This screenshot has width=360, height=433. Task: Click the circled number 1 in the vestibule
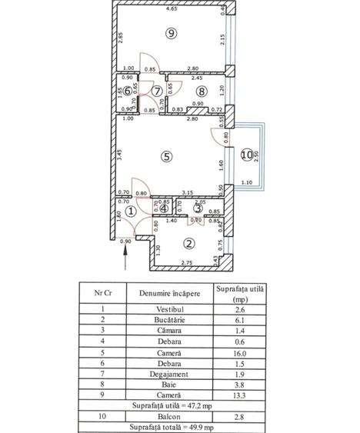132,210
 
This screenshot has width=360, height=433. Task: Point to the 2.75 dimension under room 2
183,264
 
